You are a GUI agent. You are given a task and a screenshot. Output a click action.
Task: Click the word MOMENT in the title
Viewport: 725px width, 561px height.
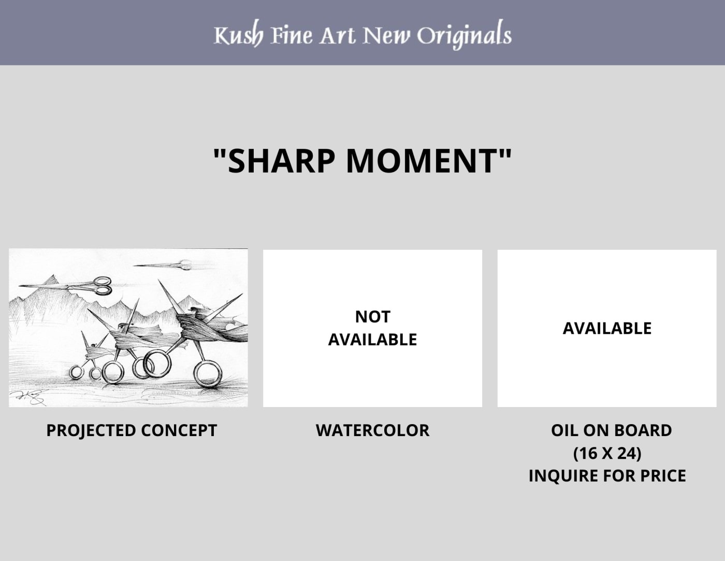(x=423, y=161)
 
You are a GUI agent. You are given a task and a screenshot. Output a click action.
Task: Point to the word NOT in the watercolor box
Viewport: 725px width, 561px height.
(x=373, y=317)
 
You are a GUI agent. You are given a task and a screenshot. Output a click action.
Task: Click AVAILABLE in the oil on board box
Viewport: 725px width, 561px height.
(x=607, y=328)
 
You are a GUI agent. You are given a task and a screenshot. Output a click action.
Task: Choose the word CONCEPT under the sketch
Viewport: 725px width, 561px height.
(x=179, y=430)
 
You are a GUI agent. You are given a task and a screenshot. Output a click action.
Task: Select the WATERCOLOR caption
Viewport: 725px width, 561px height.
(x=373, y=430)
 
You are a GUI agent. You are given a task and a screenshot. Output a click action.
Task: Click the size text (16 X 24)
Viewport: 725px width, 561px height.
(x=607, y=453)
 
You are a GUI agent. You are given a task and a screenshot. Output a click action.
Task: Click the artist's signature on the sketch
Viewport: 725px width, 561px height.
(x=28, y=397)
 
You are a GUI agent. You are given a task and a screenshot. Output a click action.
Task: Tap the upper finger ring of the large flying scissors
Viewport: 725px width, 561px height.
(x=103, y=281)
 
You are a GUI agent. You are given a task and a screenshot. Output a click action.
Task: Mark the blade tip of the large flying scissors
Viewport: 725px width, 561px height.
(x=19, y=286)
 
